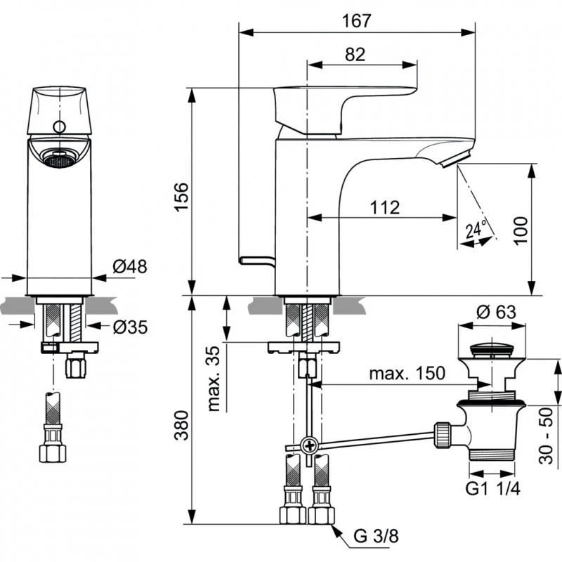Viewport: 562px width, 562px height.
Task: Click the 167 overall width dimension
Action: tap(357, 20)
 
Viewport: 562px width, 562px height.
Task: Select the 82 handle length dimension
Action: tap(355, 55)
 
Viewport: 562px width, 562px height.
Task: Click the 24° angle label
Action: tap(476, 229)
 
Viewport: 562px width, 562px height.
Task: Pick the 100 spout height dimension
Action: tap(519, 230)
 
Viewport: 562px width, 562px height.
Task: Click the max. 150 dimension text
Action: tap(407, 374)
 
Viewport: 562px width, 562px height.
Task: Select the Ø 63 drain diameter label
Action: tap(491, 311)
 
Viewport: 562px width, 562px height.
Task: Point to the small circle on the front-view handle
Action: tap(60, 127)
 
